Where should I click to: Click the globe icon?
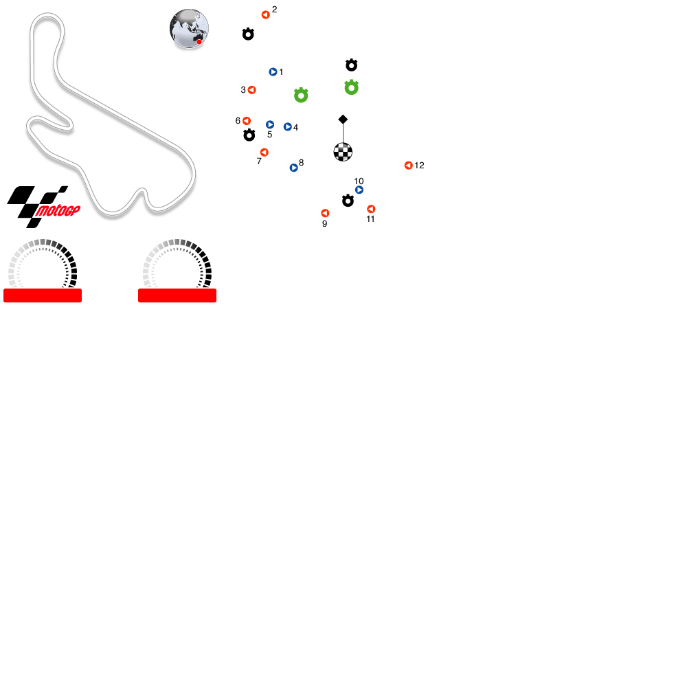point(189,29)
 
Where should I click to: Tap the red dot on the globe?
point(199,42)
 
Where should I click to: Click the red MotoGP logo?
point(58,210)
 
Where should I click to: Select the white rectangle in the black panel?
point(309,37)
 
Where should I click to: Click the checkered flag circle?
point(343,152)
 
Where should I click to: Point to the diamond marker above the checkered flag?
point(343,120)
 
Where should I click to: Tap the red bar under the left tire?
point(43,295)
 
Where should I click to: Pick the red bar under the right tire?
point(177,295)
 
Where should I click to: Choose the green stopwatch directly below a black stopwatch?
point(352,87)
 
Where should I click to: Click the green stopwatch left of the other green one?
point(301,95)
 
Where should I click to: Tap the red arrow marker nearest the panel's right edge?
point(409,166)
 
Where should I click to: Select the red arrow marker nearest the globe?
point(266,15)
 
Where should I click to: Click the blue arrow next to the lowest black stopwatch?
point(359,190)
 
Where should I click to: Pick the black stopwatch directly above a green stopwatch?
point(352,65)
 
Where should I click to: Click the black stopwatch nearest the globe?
point(248,34)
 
